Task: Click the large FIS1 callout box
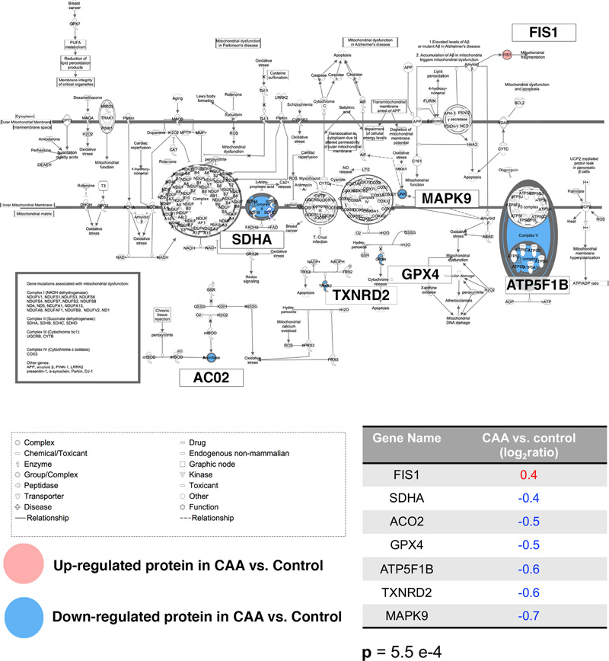point(544,32)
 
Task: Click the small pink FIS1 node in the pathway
point(506,56)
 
